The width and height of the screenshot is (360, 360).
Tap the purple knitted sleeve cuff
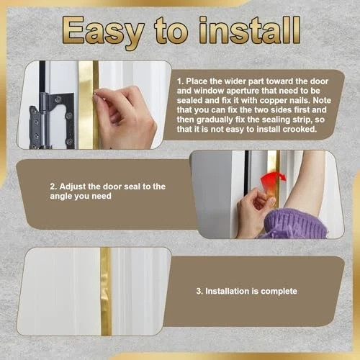[294, 224]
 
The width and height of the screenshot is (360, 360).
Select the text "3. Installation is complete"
[247, 292]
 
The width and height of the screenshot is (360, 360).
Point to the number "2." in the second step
[53, 186]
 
